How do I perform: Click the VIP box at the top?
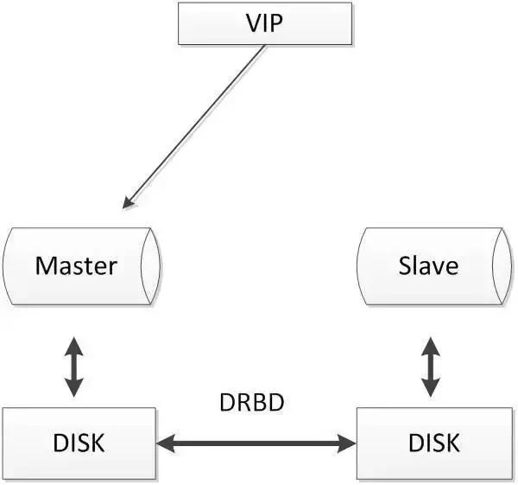click(265, 23)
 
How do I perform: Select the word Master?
click(76, 265)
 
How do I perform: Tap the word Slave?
click(428, 265)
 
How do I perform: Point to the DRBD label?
click(252, 402)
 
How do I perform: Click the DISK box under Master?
click(79, 444)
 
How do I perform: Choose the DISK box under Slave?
click(434, 444)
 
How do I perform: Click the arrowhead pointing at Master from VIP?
click(128, 202)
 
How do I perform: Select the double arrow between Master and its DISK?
click(73, 367)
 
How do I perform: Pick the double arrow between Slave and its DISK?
click(431, 367)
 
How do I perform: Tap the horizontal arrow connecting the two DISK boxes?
click(256, 444)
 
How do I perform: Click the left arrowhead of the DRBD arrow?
click(165, 444)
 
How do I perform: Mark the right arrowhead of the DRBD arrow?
click(347, 444)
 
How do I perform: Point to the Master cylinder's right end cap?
click(150, 266)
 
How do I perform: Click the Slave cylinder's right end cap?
click(502, 266)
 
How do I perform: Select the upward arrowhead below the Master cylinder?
click(73, 347)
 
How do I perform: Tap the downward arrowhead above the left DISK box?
click(73, 387)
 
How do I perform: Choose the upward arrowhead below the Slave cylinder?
click(431, 347)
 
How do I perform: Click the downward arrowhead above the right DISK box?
click(431, 387)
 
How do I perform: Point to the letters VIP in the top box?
click(265, 23)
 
